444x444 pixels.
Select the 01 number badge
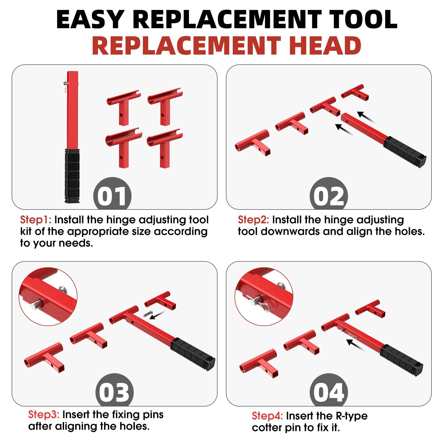click(112, 196)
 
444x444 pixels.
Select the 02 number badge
click(329, 196)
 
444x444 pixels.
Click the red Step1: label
click(36, 220)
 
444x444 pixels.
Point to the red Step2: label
click(253, 220)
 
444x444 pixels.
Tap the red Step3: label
click(44, 415)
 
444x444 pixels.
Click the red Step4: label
click(267, 416)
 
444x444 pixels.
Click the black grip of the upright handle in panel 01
click(72, 176)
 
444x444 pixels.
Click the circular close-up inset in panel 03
click(48, 296)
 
